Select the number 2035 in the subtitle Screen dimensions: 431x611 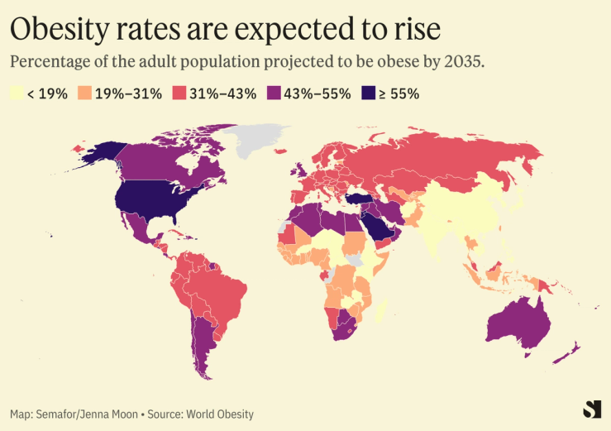[462, 63]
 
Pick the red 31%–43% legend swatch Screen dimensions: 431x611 [179, 93]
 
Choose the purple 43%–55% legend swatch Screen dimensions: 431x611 [273, 93]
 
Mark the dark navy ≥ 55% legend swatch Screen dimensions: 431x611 [368, 93]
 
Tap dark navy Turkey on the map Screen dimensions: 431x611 [360, 199]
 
